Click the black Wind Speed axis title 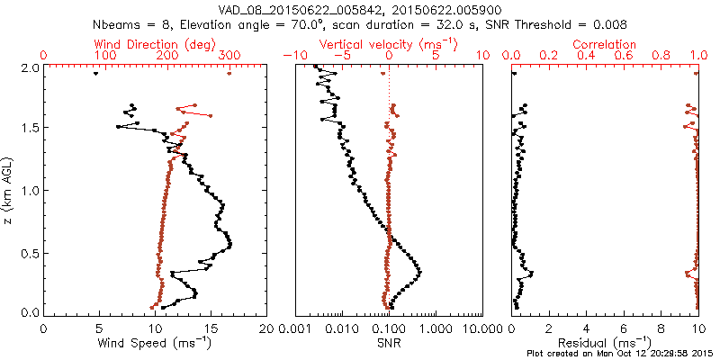tap(155, 343)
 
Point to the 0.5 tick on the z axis tap(29, 252)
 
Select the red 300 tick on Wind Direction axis tap(229, 56)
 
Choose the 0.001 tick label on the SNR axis tap(295, 328)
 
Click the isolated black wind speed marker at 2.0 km tap(95, 74)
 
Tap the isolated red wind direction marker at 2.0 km tap(229, 74)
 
